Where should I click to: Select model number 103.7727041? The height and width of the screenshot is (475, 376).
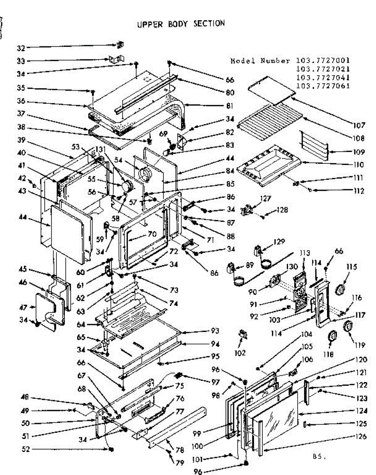point(323,77)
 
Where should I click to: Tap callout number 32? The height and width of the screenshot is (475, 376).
point(21,48)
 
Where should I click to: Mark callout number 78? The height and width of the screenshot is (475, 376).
point(180,450)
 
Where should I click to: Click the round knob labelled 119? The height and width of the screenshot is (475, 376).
point(348,327)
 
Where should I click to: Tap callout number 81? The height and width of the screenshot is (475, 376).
point(230,106)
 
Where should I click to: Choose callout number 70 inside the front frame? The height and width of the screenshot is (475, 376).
point(152,234)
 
